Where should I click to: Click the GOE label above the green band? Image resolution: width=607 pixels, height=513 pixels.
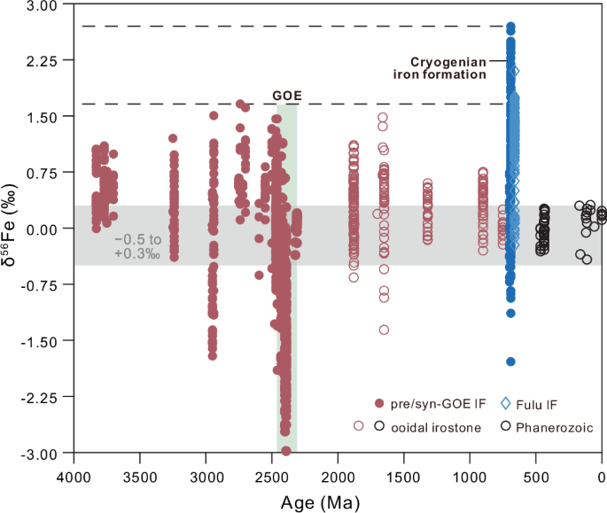tap(285, 96)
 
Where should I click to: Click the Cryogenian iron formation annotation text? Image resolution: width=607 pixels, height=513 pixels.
tap(448, 68)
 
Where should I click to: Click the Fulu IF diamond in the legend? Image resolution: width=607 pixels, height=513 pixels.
tap(506, 403)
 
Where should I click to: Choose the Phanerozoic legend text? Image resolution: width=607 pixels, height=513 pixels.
tap(554, 427)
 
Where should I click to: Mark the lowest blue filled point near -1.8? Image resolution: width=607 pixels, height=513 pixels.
tap(510, 361)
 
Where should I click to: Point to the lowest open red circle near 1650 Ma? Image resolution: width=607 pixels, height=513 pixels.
tap(384, 330)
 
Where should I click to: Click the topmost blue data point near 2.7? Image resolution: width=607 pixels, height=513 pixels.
tap(510, 27)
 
